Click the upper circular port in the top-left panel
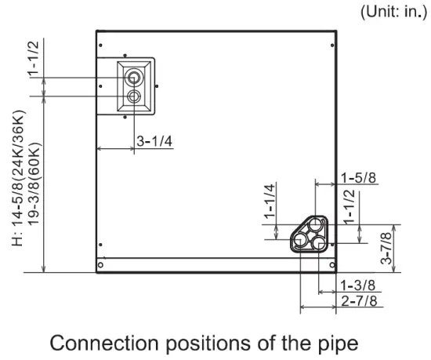coord(136,78)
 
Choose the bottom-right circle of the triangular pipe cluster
coord(321,243)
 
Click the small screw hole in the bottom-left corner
coord(100,264)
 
